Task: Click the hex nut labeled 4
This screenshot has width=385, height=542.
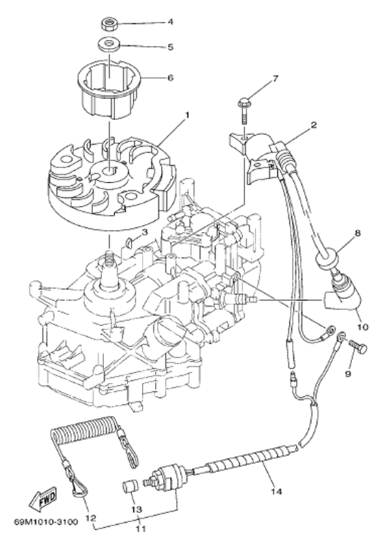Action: (x=110, y=25)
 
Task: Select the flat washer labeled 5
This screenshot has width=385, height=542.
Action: (x=109, y=45)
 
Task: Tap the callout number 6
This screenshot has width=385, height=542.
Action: (x=170, y=78)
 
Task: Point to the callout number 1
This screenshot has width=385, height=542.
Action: (x=187, y=115)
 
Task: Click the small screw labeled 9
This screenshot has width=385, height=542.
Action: (x=358, y=347)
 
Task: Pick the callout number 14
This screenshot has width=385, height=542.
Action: (x=277, y=491)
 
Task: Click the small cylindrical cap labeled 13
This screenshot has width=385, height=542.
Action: (x=131, y=488)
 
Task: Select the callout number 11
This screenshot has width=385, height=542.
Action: (x=141, y=529)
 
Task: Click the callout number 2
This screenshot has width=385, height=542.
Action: (x=314, y=125)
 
